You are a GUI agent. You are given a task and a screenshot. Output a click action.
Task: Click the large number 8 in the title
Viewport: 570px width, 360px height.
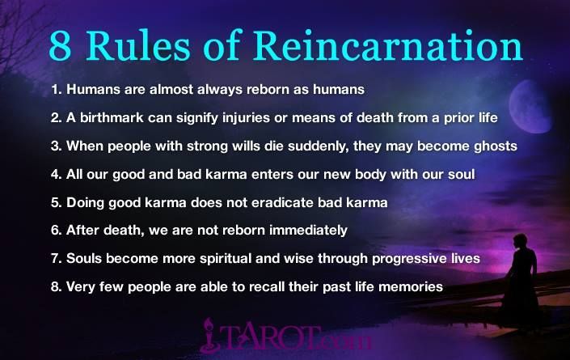click(x=60, y=46)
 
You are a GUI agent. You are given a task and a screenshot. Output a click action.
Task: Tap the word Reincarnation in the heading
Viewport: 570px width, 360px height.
click(x=387, y=45)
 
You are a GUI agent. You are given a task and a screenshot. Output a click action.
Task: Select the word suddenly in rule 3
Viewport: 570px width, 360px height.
click(x=318, y=146)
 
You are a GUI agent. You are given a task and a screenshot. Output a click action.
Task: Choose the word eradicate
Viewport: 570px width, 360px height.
click(x=282, y=202)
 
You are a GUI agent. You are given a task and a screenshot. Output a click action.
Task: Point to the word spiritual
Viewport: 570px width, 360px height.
click(x=226, y=259)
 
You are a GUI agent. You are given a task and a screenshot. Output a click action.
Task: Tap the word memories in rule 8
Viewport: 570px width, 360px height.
click(x=411, y=287)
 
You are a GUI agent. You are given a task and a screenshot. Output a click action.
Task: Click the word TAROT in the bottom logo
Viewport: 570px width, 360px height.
click(x=272, y=337)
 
